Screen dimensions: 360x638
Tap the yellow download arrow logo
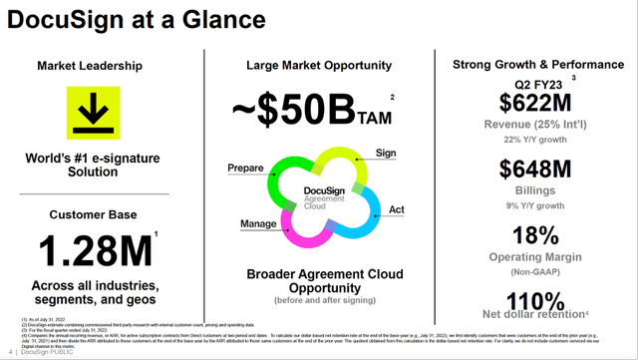tap(97, 113)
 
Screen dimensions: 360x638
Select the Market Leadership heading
tap(97, 66)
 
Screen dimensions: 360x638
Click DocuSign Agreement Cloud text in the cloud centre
tap(317, 195)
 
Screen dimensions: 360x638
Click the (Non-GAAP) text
tap(532, 272)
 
